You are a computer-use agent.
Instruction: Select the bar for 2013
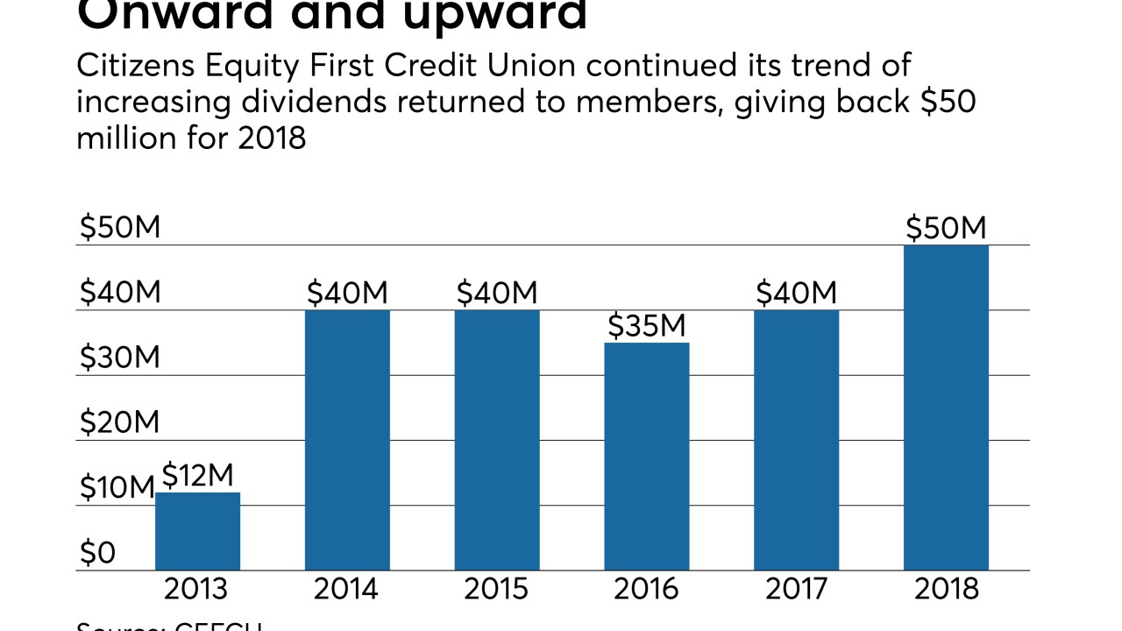pyautogui.click(x=197, y=531)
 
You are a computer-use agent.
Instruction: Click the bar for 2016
pyautogui.click(x=646, y=456)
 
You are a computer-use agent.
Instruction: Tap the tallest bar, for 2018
pyautogui.click(x=946, y=408)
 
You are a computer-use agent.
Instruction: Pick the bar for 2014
pyautogui.click(x=347, y=440)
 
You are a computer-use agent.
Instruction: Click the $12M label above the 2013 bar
pyautogui.click(x=197, y=476)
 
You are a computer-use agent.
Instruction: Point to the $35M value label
pyautogui.click(x=647, y=326)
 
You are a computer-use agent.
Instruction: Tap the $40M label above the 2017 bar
pyautogui.click(x=796, y=293)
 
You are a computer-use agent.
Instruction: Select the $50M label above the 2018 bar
pyautogui.click(x=946, y=228)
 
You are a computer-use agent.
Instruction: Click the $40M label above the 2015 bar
pyautogui.click(x=496, y=293)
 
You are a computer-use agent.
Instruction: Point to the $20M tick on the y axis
pyautogui.click(x=120, y=422)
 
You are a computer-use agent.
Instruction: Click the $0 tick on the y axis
pyautogui.click(x=97, y=553)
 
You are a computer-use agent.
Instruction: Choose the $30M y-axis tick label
pyautogui.click(x=120, y=358)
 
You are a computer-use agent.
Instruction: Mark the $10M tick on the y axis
pyautogui.click(x=117, y=488)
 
